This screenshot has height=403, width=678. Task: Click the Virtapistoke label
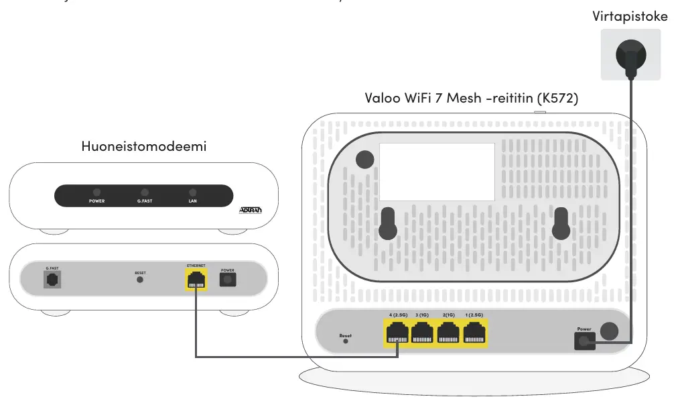pos(630,17)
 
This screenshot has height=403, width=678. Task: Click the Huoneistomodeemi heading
pos(143,146)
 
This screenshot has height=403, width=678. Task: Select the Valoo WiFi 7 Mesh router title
pos(471,98)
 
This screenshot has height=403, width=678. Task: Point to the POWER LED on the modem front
pos(96,192)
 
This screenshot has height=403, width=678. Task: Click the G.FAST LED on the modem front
pos(145,192)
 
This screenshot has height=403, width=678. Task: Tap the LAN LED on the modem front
pos(193,192)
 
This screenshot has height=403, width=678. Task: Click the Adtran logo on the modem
pos(251,211)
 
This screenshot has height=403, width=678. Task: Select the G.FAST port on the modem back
pos(52,280)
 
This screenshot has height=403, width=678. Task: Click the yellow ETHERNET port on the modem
pos(196,280)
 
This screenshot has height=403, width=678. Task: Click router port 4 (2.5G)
pos(398,333)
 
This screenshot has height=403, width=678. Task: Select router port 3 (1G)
pos(423,333)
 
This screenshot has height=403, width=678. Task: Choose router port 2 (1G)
pos(449,333)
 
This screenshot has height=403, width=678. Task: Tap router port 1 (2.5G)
pos(475,333)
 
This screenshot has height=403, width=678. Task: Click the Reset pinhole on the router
pos(346,341)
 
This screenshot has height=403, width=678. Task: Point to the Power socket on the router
pos(584,341)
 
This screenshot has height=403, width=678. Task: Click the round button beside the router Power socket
pos(609,331)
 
